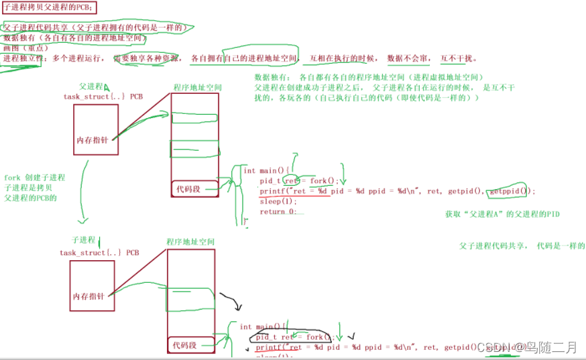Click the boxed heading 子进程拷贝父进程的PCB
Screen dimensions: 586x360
pos(48,7)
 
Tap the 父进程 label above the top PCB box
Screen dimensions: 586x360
pos(91,86)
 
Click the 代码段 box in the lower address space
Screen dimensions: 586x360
pos(184,345)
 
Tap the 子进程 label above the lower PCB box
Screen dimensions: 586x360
pos(84,239)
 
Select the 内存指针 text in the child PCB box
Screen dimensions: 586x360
pos(89,296)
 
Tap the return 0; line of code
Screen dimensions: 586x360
pos(281,211)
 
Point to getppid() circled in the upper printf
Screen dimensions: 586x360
pos(509,191)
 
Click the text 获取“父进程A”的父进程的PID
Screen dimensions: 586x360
pos(502,215)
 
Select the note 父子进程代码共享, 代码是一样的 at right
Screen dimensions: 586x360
pos(522,246)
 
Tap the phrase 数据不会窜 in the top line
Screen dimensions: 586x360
pos(407,58)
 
